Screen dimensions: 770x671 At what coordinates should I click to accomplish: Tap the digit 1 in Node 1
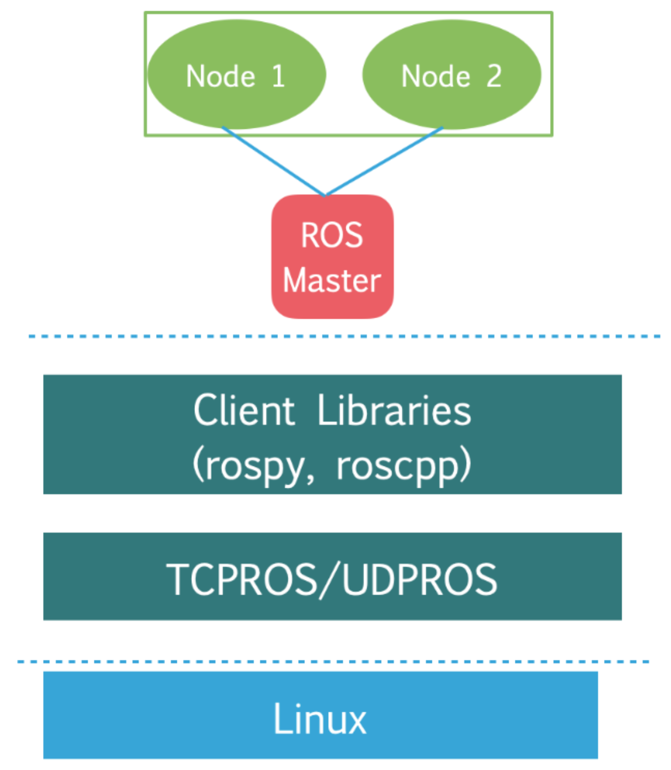[x=279, y=76]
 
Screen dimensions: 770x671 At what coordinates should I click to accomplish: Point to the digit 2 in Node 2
[x=494, y=76]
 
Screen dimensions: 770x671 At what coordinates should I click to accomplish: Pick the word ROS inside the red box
[x=332, y=235]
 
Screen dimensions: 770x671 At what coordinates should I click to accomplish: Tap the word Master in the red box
[x=332, y=281]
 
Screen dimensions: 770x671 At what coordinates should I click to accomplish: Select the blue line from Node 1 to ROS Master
[x=273, y=161]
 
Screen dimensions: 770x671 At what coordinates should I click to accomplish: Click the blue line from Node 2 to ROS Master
[x=384, y=161]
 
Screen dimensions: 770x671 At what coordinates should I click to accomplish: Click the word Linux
[x=320, y=719]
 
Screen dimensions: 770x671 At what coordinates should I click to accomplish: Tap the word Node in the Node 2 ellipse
[x=436, y=76]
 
